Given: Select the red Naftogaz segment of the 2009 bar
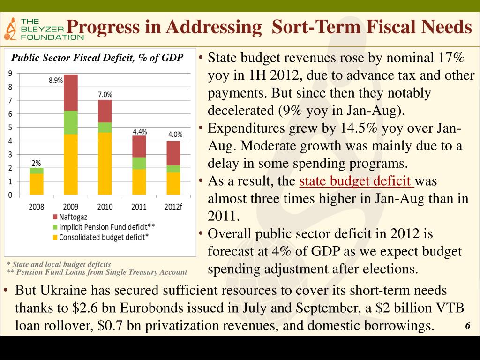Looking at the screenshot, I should point(71,92).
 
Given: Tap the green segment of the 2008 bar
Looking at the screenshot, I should point(36,171).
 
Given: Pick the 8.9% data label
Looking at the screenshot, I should point(56,80).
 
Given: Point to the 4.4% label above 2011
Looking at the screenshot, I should point(139,132).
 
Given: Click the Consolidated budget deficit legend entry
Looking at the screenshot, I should point(100,237).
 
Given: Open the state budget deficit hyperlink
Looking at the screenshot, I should point(356,181).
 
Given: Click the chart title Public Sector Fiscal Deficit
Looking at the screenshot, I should point(97,59).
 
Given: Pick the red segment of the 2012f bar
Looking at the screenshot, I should point(173,153).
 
